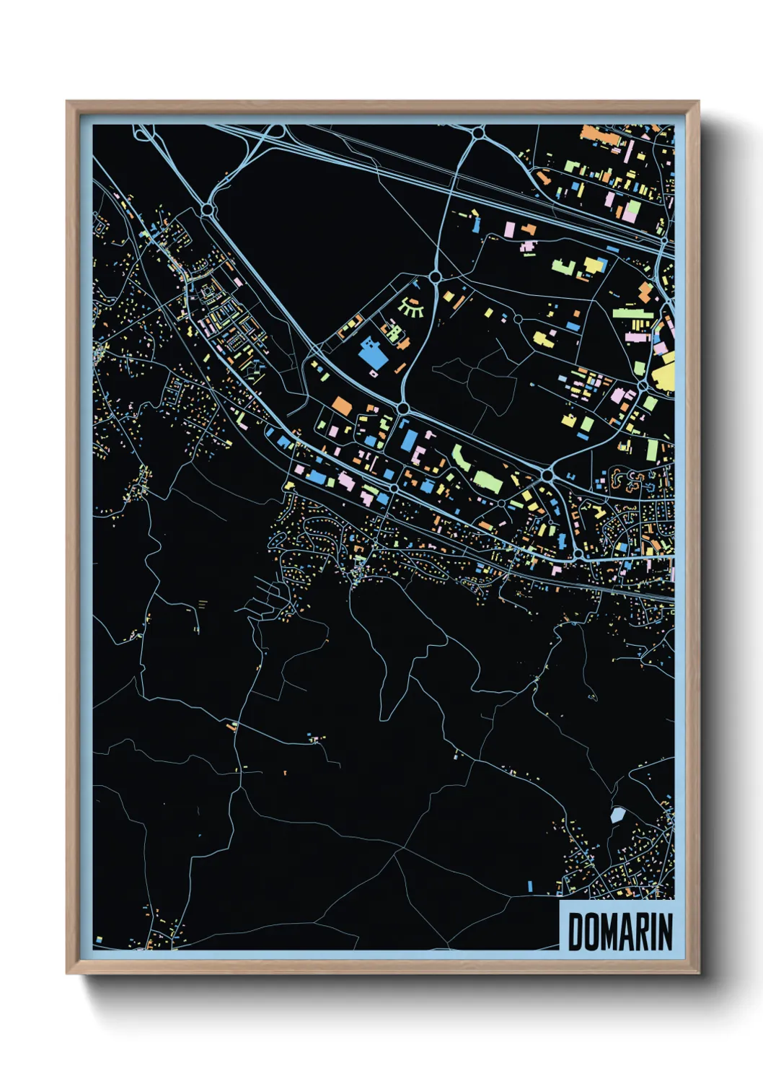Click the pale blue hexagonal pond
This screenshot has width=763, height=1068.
coord(617,815)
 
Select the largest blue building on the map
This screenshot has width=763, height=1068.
coord(372,354)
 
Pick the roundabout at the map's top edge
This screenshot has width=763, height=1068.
coord(478,133)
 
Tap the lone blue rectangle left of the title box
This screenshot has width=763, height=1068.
coord(530,885)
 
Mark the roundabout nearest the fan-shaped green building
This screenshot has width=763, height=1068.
coord(435,276)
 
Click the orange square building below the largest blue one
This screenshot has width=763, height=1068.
coord(342,406)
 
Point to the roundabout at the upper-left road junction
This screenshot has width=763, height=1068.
coord(208,210)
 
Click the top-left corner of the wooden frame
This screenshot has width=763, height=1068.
coord(67,102)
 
